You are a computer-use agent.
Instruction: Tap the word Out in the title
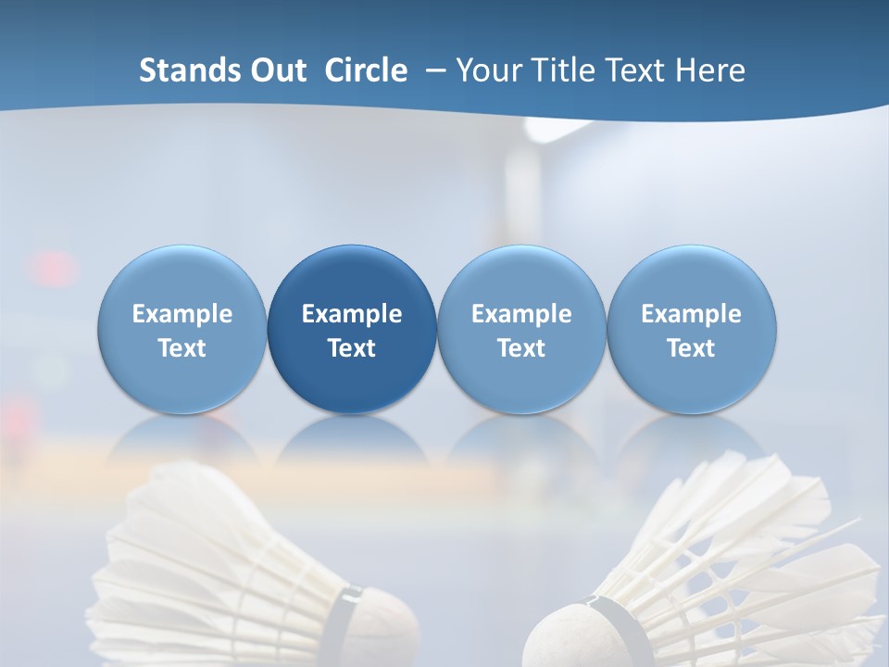[276, 70]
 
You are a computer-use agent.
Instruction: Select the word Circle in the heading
[366, 70]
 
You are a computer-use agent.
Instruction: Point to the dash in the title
[434, 71]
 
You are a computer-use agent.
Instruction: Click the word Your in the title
[486, 70]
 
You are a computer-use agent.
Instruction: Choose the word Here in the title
[710, 70]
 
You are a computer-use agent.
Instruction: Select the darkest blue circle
[352, 329]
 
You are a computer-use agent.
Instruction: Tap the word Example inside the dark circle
[352, 314]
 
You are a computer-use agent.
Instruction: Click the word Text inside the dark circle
[352, 348]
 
